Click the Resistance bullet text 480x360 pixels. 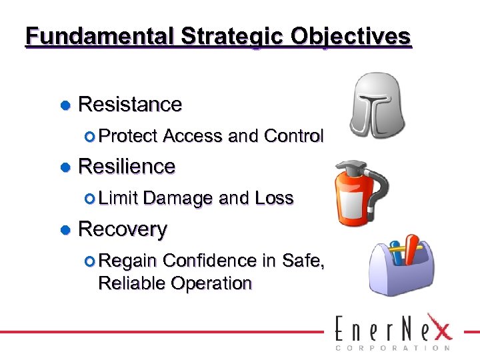[130, 105]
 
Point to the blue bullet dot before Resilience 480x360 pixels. [65, 167]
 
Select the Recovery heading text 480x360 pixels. [123, 229]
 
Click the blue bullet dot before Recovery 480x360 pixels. [65, 230]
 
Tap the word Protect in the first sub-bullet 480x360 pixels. [128, 136]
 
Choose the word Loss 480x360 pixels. [274, 198]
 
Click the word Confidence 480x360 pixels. [210, 260]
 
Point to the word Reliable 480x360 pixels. [131, 283]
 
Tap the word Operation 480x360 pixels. [211, 284]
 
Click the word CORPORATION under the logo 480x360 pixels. [392, 347]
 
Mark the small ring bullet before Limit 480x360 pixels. [91, 198]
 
